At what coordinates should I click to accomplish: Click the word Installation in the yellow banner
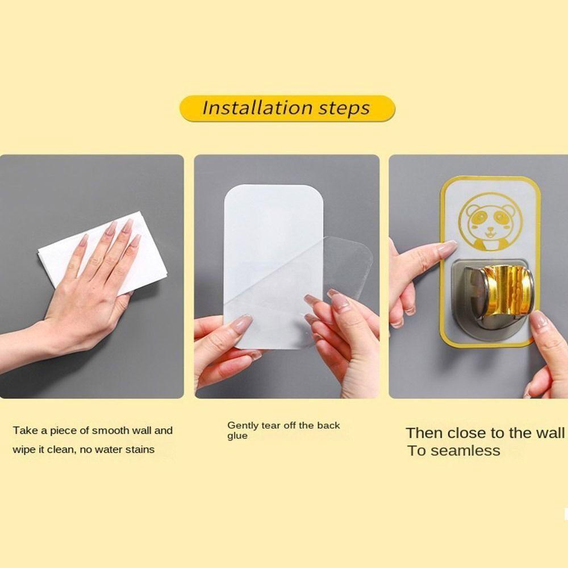click(x=257, y=107)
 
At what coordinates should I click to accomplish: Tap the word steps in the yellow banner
click(x=344, y=109)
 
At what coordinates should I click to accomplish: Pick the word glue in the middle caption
click(x=237, y=436)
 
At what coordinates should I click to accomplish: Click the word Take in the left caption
click(x=26, y=431)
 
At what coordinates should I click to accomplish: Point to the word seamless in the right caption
click(x=466, y=451)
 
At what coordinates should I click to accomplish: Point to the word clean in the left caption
click(x=60, y=449)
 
